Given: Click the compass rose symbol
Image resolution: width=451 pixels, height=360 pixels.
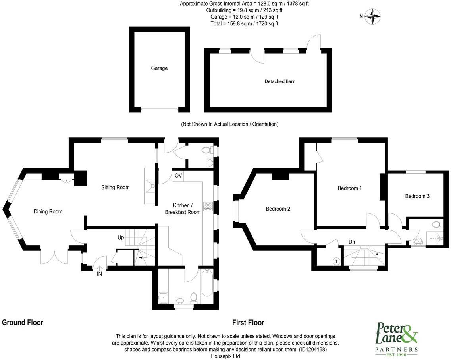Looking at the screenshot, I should coord(374,16).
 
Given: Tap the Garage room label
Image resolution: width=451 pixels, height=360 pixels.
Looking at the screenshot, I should coord(159,68).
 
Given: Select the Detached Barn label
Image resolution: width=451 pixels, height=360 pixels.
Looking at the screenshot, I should coord(280,81).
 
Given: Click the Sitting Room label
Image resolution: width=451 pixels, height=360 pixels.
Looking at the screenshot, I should coord(116,187).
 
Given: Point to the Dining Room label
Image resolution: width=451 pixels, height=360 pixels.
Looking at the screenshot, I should coord(48,211).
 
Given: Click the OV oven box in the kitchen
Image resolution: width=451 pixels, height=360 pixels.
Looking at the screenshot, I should coord(178,176).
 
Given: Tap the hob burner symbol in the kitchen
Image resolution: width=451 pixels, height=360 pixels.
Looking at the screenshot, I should coord(208,206).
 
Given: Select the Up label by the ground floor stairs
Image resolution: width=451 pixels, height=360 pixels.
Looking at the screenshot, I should coord(121,238).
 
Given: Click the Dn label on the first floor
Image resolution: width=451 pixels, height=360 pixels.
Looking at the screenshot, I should coord(352,242).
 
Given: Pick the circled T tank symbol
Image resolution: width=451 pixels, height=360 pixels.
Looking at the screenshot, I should coord(337,261).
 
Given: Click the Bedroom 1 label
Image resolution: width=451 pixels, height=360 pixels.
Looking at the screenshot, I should coord(349,188).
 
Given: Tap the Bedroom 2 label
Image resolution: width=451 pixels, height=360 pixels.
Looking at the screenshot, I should coord(278,209).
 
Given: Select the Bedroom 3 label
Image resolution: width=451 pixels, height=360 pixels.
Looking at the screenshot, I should coord(417,196).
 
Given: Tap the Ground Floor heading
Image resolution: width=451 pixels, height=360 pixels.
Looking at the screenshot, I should coord(23,323).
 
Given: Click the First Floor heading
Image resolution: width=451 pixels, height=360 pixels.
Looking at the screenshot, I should coord(248,323).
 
